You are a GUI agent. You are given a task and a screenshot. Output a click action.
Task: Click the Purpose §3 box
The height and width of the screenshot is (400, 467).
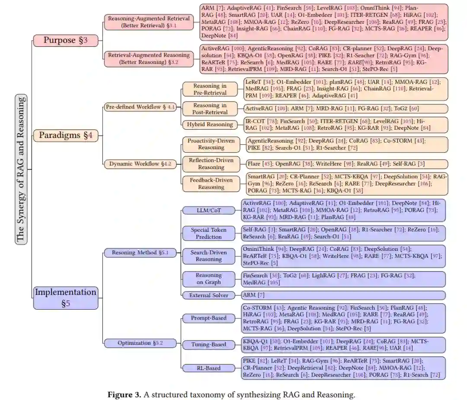click(66, 41)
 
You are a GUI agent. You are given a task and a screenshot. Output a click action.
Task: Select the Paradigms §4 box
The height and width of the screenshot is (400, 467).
click(66, 135)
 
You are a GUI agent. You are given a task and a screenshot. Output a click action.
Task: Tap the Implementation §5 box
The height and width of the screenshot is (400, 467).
click(66, 298)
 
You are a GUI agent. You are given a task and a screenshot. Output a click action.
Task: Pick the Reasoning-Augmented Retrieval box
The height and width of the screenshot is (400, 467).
click(149, 22)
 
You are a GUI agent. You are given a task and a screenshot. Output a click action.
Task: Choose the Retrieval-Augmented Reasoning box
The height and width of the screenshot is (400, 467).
click(149, 58)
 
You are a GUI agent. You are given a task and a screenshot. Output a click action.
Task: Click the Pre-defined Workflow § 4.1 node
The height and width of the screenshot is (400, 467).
click(140, 107)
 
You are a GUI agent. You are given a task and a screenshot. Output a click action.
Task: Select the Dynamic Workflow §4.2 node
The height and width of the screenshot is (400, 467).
click(140, 164)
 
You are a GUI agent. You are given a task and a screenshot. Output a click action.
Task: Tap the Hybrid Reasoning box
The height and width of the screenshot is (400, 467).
click(210, 125)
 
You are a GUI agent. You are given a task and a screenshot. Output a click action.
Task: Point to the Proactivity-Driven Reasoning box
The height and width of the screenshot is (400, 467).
click(211, 144)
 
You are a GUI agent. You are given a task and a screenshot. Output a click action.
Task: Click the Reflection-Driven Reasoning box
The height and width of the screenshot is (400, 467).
click(211, 164)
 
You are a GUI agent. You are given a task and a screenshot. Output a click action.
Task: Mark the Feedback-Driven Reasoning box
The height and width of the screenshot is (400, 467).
click(211, 183)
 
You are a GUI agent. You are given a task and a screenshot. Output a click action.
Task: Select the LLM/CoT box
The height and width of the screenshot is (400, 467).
click(208, 211)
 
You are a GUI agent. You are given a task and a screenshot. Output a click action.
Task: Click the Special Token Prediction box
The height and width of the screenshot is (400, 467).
click(208, 234)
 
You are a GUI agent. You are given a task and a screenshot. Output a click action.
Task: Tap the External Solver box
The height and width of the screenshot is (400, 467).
click(208, 295)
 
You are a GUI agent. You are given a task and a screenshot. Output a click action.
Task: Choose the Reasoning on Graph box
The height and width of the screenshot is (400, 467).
click(208, 278)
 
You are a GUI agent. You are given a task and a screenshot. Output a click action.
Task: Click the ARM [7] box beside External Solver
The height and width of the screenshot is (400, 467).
click(343, 295)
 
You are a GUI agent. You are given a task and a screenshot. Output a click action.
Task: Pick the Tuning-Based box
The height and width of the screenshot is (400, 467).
click(208, 345)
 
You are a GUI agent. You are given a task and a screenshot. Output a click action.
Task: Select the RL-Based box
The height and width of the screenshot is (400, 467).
click(208, 368)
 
